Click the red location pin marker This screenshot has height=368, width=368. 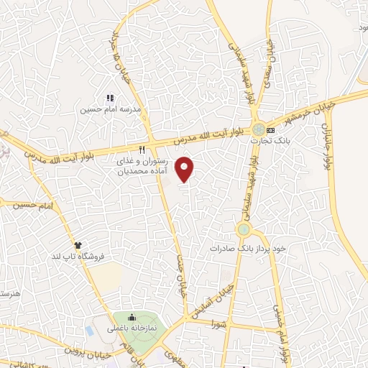[185, 168]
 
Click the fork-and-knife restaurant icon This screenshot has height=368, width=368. [142, 149]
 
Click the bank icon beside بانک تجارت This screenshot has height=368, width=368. [270, 130]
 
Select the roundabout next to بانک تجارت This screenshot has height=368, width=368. [257, 130]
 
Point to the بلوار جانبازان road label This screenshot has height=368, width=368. [325, 148]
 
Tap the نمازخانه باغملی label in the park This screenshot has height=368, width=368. [132, 326]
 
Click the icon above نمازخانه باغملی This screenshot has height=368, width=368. [132, 316]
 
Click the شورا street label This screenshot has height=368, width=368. [218, 325]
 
